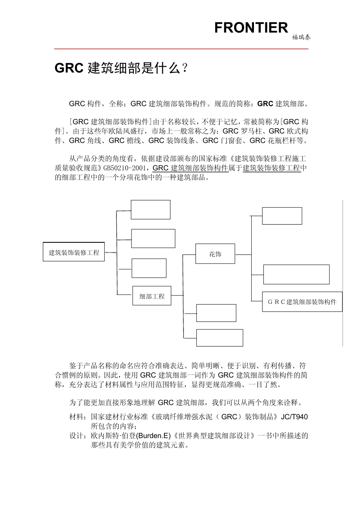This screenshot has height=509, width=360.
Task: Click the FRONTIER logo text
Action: click(251, 28)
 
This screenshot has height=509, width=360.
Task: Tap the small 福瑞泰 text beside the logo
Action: click(301, 37)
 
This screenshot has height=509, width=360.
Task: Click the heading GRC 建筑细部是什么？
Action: click(121, 68)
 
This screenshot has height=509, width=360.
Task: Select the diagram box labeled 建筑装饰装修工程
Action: click(74, 252)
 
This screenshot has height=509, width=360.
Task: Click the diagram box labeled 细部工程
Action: click(152, 296)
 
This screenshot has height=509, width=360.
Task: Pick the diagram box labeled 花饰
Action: click(215, 254)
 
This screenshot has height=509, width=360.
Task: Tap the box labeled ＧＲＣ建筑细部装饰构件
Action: click(302, 302)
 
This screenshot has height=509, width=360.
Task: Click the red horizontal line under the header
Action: click(181, 49)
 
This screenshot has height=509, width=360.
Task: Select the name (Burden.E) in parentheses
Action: click(151, 436)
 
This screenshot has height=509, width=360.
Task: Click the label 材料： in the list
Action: click(78, 417)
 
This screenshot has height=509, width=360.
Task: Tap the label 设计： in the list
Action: click(78, 436)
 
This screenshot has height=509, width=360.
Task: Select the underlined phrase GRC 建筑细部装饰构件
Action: click(190, 168)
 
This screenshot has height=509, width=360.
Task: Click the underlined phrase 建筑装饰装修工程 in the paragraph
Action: click(272, 168)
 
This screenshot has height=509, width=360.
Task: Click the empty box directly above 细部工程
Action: click(149, 268)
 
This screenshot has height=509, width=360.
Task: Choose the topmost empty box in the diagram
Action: click(150, 209)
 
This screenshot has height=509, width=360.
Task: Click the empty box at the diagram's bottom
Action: click(219, 338)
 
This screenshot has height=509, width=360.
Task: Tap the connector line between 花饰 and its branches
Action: click(243, 254)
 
